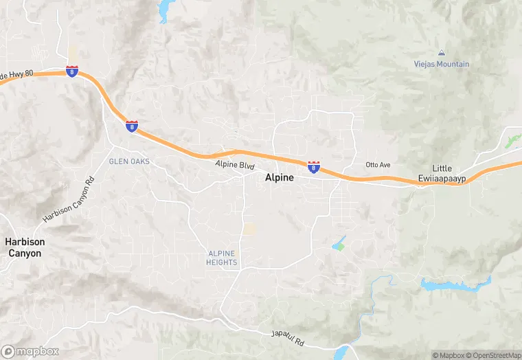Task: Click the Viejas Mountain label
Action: [x=442, y=64]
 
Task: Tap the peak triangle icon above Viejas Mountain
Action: [x=441, y=53]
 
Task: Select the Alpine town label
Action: [x=280, y=177]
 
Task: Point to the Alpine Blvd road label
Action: [x=235, y=166]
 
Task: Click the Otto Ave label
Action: [x=378, y=165]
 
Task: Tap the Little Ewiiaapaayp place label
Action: [x=442, y=174]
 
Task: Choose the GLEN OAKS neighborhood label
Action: [x=129, y=161]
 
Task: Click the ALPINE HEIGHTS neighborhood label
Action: [x=222, y=258]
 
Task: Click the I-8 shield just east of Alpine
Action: [x=314, y=168]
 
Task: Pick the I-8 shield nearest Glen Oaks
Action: [x=132, y=126]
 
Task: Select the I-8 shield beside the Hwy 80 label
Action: [x=72, y=71]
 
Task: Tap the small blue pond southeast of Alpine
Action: [x=339, y=244]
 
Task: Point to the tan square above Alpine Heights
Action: [x=250, y=229]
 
